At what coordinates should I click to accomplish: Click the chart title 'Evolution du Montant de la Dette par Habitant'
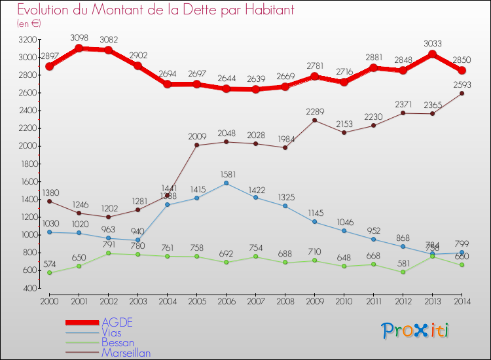click(147, 10)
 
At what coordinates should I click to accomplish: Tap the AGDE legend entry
click(117, 322)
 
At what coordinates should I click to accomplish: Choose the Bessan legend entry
click(118, 342)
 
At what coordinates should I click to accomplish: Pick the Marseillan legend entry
click(126, 353)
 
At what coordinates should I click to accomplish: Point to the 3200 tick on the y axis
click(28, 39)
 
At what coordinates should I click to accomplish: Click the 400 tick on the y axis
click(30, 288)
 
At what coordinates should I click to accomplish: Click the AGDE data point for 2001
click(79, 48)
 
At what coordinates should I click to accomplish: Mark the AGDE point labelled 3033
click(432, 54)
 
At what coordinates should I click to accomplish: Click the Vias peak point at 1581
click(226, 183)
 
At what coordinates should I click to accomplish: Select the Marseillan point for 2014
click(462, 93)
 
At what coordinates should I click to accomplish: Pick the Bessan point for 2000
click(49, 272)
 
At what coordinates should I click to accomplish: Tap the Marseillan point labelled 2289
click(314, 120)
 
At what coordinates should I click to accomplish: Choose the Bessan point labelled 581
click(403, 272)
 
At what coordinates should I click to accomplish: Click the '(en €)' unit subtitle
click(29, 23)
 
